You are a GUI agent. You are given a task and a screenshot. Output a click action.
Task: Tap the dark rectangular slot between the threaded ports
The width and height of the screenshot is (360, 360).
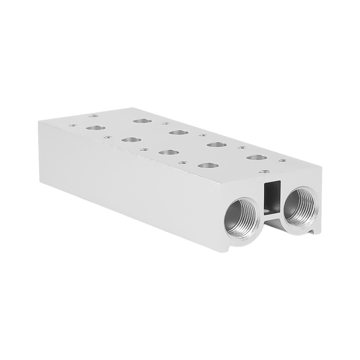coord(272,196)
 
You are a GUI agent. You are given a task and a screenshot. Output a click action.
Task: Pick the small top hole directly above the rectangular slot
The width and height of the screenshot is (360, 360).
coord(264,172)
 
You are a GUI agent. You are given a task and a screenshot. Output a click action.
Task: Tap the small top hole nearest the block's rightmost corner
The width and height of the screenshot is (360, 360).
coord(283,160)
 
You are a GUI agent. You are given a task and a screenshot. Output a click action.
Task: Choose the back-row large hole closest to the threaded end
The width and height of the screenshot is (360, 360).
coord(257,157)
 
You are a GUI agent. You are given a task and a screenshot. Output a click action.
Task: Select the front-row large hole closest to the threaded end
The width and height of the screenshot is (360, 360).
coord(208,166)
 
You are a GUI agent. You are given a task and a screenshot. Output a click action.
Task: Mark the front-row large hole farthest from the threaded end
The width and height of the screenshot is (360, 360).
coord(95,128)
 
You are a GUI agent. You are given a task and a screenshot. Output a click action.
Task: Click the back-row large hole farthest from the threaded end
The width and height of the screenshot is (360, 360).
coord(142,121)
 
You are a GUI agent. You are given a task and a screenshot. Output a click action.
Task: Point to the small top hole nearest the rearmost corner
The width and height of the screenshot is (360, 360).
coord(93,116)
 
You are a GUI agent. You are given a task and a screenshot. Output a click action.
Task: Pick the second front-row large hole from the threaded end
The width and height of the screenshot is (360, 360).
coord(168,152)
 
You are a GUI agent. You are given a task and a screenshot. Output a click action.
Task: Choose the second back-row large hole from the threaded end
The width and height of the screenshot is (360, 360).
coord(217,145)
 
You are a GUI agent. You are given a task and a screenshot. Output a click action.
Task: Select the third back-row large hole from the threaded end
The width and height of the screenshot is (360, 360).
coord(179,132)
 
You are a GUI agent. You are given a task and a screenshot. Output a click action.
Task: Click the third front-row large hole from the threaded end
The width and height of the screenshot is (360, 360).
coord(131,140)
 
